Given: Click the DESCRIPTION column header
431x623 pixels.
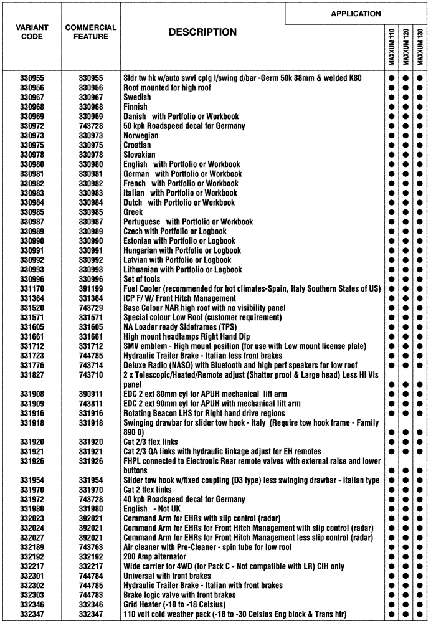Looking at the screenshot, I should (202, 32).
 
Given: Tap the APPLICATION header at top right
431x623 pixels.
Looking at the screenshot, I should (356, 13).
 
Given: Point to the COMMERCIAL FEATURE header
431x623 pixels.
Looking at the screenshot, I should (91, 32).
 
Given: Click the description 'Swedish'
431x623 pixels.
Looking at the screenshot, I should (137, 98).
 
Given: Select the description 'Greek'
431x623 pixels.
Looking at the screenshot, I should (133, 212).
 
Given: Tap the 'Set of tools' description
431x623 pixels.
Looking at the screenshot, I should (141, 279).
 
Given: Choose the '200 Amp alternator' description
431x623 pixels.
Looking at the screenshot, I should (154, 556).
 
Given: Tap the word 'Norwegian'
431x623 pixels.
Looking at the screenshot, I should (141, 136).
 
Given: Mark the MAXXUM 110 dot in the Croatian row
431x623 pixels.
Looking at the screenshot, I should (392, 145).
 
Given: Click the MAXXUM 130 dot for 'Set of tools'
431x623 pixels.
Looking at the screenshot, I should (420, 279).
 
